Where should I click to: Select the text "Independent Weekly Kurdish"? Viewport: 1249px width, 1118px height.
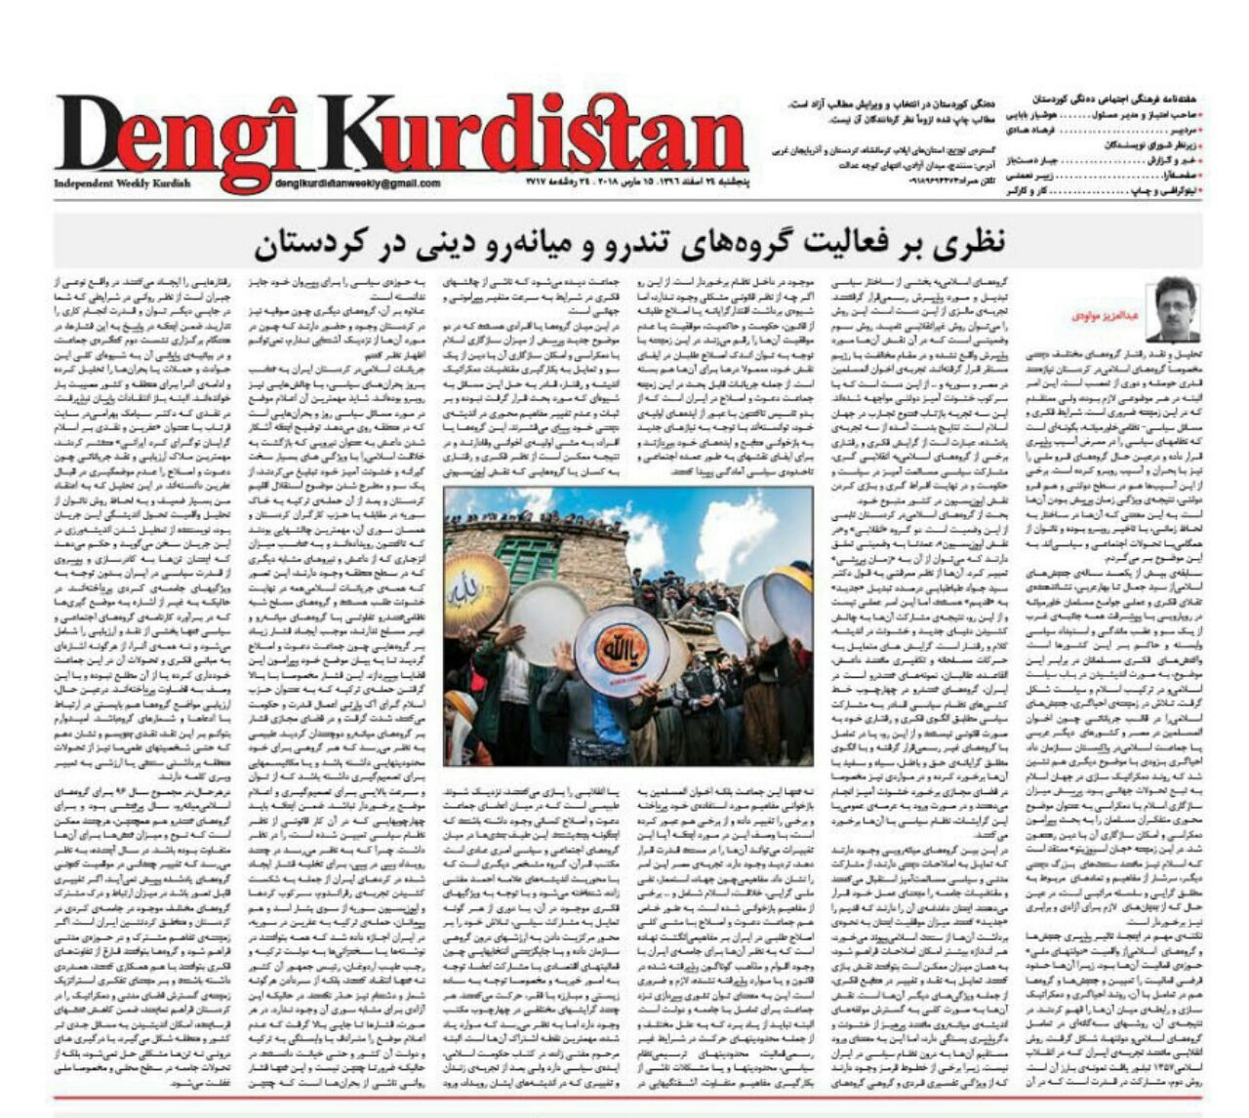123,183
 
